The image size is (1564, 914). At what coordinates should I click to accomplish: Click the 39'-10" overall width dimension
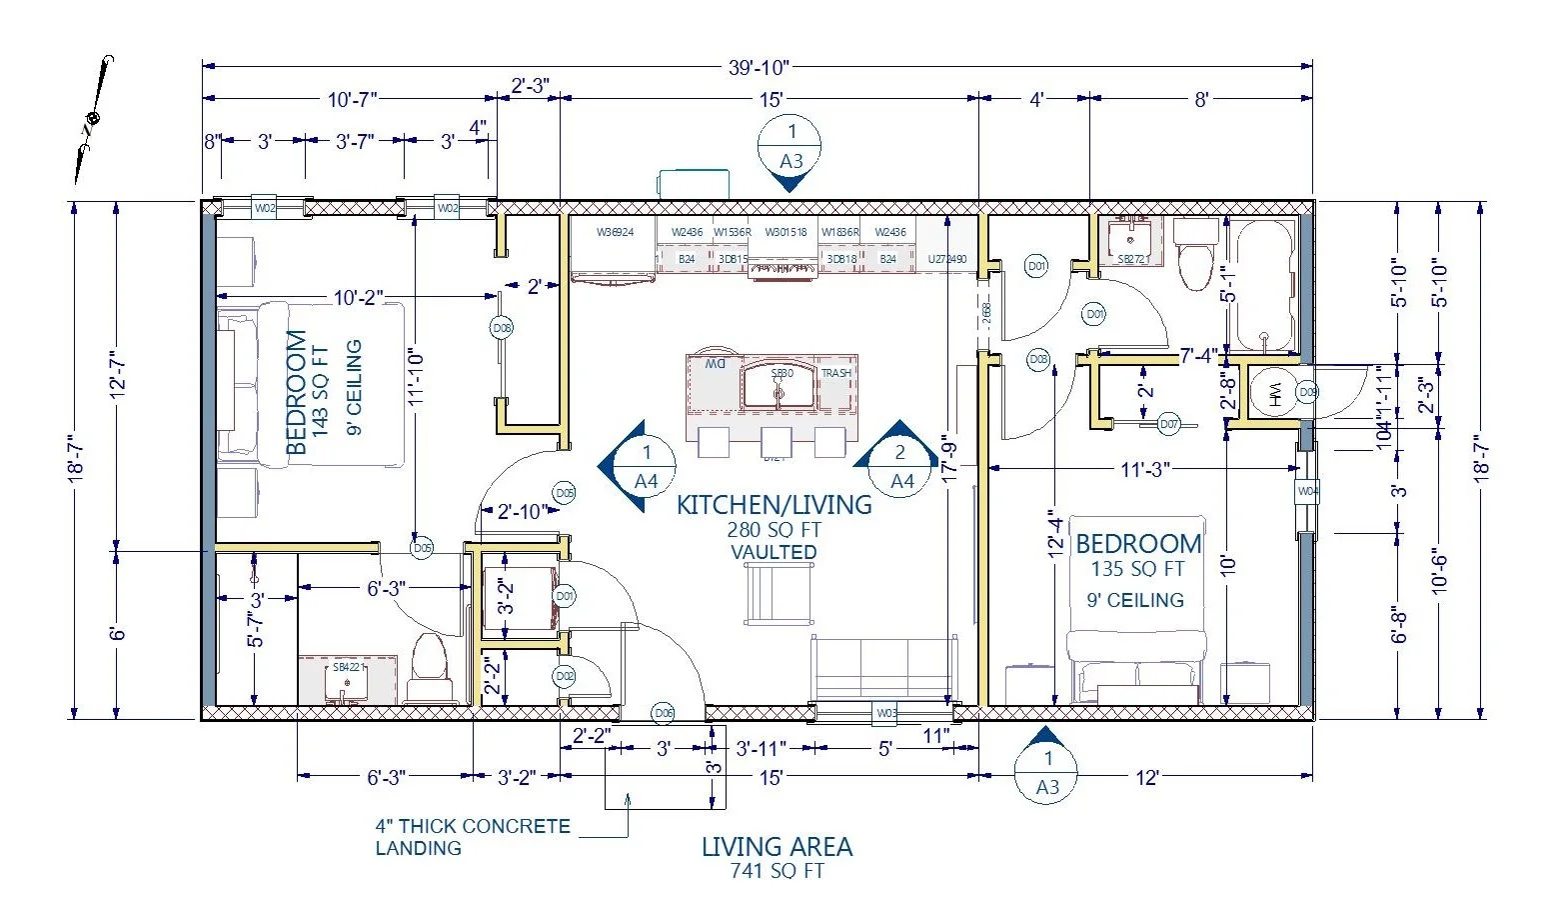(759, 68)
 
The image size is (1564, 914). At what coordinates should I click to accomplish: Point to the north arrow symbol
(92, 120)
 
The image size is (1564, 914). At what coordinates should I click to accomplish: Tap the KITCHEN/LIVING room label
(774, 505)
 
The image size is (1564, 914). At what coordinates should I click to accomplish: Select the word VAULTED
(774, 552)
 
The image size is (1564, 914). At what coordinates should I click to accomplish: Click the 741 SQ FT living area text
(777, 871)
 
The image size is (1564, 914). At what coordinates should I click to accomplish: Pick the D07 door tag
(1169, 424)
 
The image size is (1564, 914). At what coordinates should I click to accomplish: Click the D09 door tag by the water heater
(1307, 392)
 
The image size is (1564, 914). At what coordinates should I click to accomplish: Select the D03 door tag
(1037, 359)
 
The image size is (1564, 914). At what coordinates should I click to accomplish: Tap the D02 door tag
(565, 677)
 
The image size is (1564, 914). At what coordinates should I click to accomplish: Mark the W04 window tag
(1308, 491)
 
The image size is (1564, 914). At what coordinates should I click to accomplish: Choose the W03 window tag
(885, 713)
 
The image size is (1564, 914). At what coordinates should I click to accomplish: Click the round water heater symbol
(1273, 391)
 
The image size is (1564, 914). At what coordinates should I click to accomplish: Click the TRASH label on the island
(836, 373)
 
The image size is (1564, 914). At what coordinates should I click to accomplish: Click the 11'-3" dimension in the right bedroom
(1144, 469)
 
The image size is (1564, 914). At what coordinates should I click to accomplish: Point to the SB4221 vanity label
(347, 667)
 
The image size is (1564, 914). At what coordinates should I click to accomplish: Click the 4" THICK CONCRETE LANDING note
(473, 837)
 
